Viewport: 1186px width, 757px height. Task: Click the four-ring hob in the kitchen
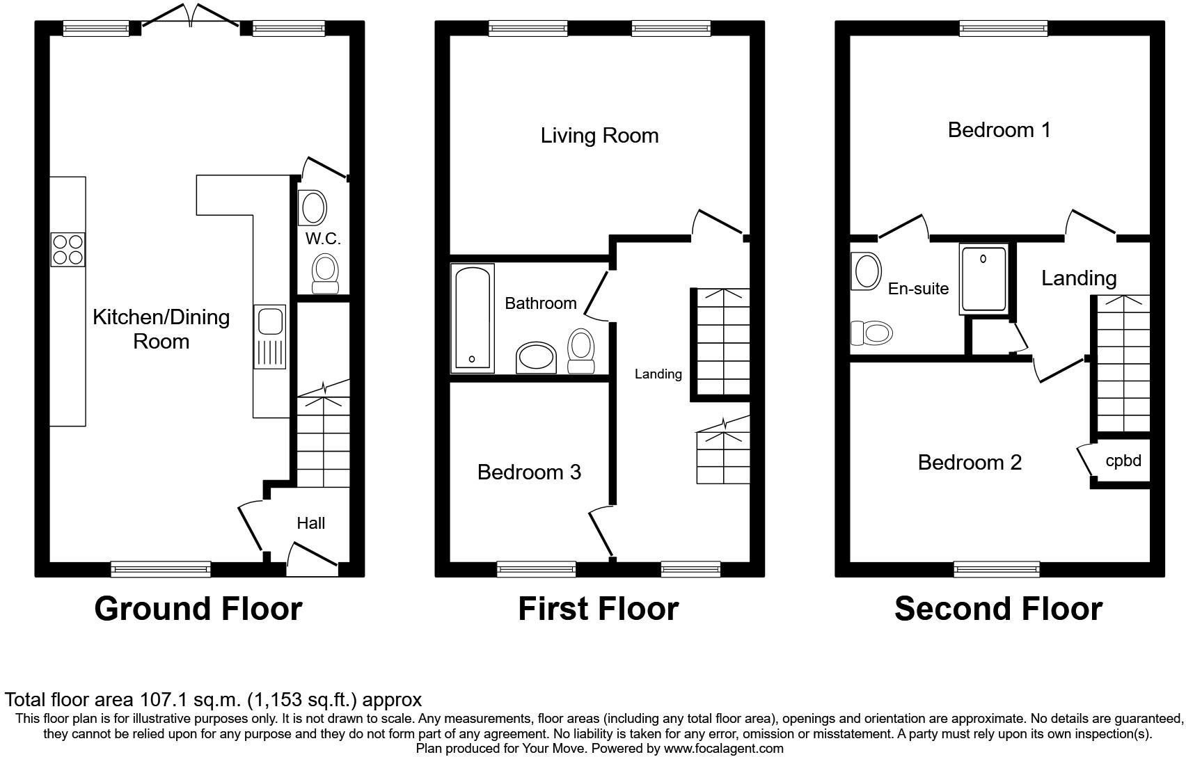[x=68, y=249]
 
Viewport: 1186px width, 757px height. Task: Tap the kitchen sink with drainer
[x=270, y=336]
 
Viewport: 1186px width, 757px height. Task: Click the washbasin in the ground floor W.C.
[x=313, y=207]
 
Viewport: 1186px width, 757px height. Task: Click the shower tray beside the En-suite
[x=983, y=278]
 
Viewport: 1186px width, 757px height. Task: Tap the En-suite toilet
[x=871, y=333]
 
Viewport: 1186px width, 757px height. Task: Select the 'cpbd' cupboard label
[x=1123, y=461]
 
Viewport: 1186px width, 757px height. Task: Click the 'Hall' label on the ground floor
[x=310, y=523]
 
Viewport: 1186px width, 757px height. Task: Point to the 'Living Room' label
[x=599, y=135]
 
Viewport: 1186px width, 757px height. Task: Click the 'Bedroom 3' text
[x=529, y=472]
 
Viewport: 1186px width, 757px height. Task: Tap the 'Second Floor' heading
[x=998, y=608]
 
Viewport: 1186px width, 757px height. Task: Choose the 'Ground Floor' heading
[x=198, y=608]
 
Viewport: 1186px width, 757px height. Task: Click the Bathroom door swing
[x=595, y=296]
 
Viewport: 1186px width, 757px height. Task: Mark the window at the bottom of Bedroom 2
[x=997, y=569]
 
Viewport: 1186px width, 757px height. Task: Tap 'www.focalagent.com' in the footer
[x=723, y=749]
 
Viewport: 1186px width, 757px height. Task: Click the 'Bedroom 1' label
[x=999, y=129]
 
